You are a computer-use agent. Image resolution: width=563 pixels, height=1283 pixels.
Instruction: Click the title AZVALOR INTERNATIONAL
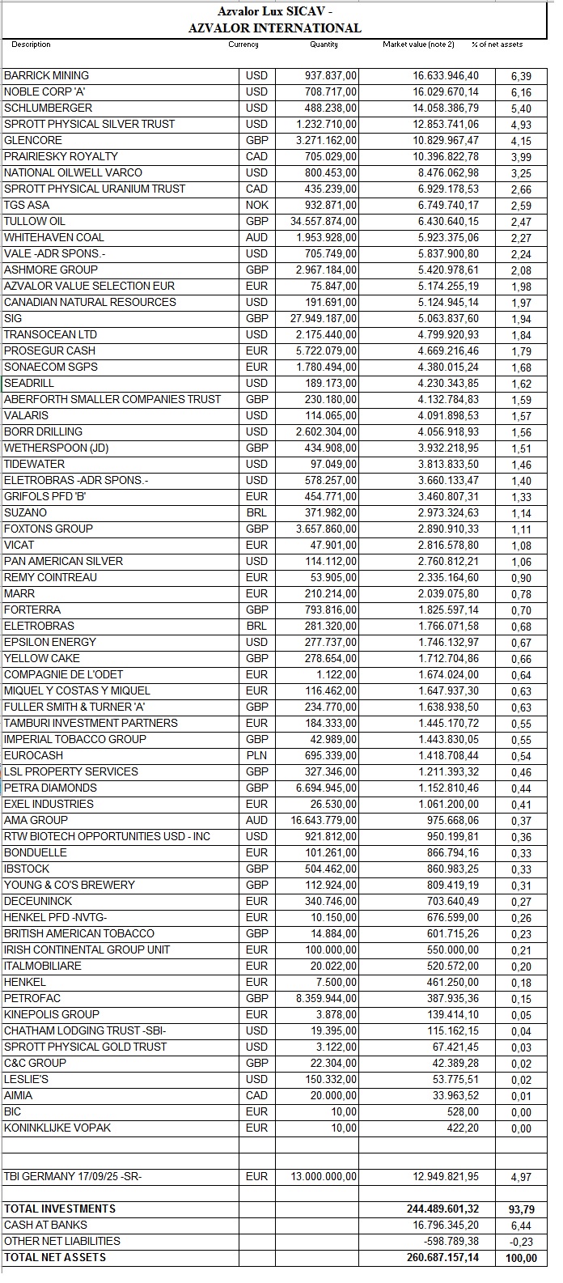point(274,28)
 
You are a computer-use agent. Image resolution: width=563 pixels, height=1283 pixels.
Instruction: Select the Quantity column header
point(324,45)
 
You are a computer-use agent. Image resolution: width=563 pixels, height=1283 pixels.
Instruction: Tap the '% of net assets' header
point(497,45)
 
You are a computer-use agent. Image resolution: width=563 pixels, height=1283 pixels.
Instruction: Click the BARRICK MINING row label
point(47,75)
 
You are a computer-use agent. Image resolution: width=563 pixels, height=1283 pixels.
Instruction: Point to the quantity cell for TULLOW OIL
point(324,221)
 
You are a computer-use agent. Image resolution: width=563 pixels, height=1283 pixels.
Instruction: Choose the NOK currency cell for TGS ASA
point(256,205)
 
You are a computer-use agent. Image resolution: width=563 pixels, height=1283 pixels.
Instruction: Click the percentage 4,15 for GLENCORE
point(521,140)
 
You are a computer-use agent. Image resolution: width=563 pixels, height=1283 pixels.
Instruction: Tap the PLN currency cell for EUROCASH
point(256,755)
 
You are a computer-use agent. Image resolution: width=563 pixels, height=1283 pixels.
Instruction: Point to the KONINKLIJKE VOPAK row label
point(57,1128)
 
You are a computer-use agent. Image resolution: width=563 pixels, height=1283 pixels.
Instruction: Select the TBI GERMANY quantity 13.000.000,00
point(324,1176)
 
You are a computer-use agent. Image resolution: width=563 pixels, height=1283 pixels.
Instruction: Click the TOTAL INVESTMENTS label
point(60,1209)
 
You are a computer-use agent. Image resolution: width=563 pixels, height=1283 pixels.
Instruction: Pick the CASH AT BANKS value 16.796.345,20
point(445,1225)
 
